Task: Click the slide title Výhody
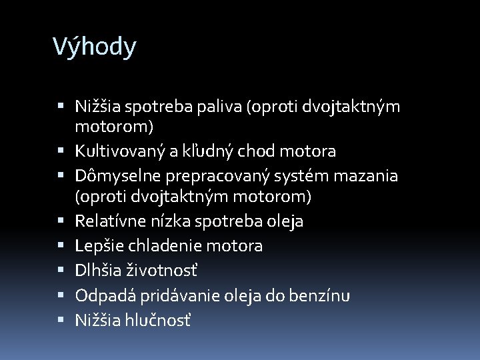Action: pyautogui.click(x=94, y=47)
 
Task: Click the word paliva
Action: pyautogui.click(x=223, y=106)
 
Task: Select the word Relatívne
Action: pyautogui.click(x=107, y=221)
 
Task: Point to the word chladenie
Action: pyautogui.click(x=160, y=246)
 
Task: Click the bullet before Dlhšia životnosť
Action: pyautogui.click(x=61, y=271)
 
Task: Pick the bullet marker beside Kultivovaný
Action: pyautogui.click(x=61, y=151)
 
